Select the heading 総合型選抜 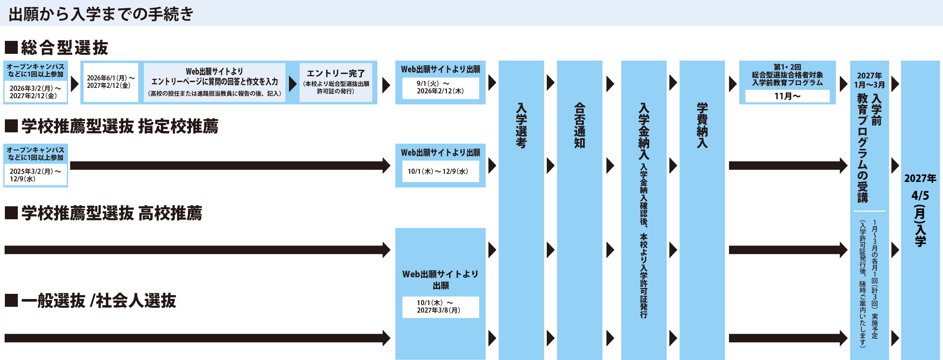click(64, 48)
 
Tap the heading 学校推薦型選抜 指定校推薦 click(119, 126)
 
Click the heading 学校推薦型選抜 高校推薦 click(111, 213)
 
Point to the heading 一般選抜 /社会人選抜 click(98, 301)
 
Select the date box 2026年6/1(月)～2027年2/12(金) click(111, 82)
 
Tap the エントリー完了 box click(336, 82)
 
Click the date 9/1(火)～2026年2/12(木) click(440, 88)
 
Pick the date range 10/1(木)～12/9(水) click(438, 171)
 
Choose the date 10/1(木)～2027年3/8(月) click(438, 306)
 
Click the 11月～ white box click(787, 96)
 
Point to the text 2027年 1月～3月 click(869, 80)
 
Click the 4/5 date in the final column click(920, 196)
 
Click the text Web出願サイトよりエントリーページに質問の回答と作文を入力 click(215, 77)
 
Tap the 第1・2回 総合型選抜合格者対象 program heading click(787, 75)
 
